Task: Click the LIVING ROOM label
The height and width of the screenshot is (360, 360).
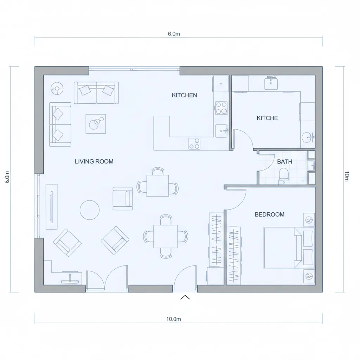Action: (94, 161)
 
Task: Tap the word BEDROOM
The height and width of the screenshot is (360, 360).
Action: (269, 214)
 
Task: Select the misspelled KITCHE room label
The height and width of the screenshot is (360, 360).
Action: (267, 118)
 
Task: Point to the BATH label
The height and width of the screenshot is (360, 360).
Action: (284, 162)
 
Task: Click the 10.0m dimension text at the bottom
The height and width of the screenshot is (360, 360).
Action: (173, 319)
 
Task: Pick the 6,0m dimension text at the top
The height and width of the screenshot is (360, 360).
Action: (174, 34)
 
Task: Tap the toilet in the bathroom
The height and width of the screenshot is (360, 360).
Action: (283, 175)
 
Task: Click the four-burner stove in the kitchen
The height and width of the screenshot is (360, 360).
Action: (221, 108)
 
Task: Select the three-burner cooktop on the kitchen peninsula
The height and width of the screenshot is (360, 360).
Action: (194, 143)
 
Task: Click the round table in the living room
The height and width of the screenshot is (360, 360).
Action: (90, 210)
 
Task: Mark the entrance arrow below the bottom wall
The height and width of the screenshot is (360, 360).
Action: (185, 297)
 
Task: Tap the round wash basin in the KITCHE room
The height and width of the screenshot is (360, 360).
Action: (308, 137)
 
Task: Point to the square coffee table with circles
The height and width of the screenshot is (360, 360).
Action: (96, 123)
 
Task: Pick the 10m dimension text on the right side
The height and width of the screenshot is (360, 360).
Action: (347, 176)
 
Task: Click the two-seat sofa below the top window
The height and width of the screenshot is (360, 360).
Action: (96, 93)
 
